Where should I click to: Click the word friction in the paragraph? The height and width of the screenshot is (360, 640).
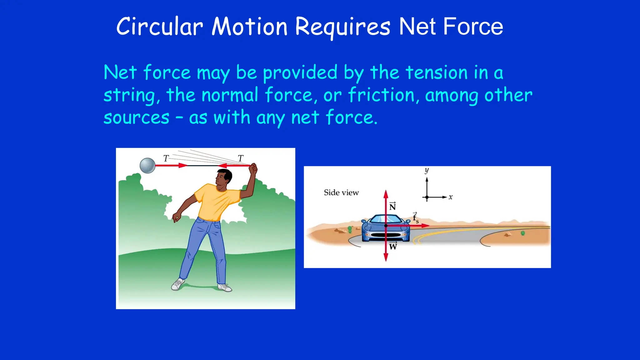click(381, 95)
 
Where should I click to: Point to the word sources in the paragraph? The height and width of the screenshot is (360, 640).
click(136, 118)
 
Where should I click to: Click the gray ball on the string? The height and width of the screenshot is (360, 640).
click(147, 166)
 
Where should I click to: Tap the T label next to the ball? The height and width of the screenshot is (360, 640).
click(166, 158)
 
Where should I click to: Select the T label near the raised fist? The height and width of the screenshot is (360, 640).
click(240, 158)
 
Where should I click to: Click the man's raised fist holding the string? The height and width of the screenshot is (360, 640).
click(253, 169)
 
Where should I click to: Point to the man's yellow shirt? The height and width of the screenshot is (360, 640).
click(216, 203)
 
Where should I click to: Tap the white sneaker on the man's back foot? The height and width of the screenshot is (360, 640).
click(178, 284)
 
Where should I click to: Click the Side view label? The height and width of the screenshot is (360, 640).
click(341, 192)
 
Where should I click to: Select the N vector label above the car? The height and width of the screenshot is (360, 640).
click(392, 207)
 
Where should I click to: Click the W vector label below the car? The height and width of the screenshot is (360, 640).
click(393, 246)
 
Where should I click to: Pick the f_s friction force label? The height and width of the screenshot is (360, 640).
click(415, 217)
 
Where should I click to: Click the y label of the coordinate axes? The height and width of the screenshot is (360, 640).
click(427, 171)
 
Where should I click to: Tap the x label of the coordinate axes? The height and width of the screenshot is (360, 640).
click(450, 197)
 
